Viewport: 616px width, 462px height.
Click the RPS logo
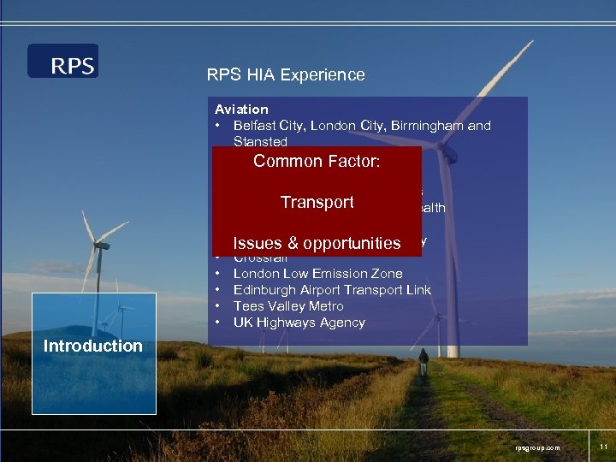click(x=62, y=62)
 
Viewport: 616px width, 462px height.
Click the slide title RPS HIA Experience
click(x=285, y=74)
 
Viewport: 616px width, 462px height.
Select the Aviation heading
click(x=241, y=110)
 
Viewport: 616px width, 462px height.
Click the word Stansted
click(x=260, y=142)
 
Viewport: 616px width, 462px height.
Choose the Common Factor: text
click(x=316, y=161)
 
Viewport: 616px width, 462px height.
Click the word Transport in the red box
click(x=317, y=202)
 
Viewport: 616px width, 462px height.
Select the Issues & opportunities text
click(x=317, y=243)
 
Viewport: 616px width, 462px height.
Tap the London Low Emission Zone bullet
click(x=317, y=273)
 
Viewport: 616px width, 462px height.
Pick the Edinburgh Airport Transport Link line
click(x=332, y=289)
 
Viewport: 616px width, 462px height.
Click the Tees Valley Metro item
click(x=288, y=305)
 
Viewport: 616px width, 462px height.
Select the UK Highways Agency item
click(x=299, y=322)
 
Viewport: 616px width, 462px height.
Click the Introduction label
click(x=92, y=346)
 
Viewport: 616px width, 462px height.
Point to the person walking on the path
click(x=423, y=361)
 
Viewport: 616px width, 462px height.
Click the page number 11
click(x=603, y=447)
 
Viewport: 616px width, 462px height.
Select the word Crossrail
click(x=260, y=258)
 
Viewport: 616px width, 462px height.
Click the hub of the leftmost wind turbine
click(x=100, y=245)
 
